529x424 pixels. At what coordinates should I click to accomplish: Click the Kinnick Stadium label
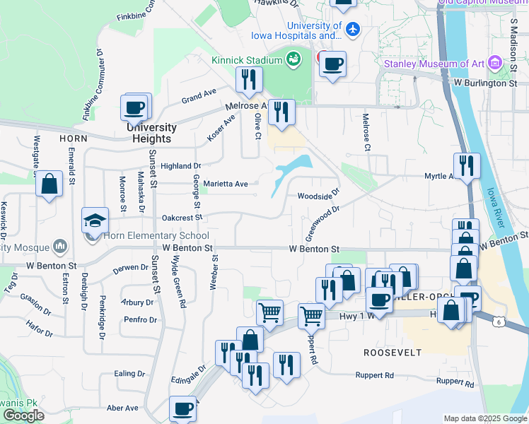click(246, 60)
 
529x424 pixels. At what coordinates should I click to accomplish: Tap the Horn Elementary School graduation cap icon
click(95, 220)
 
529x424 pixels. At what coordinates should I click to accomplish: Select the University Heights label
click(151, 133)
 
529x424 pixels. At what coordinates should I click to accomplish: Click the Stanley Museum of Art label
click(434, 64)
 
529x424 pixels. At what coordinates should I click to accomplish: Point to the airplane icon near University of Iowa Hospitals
click(354, 29)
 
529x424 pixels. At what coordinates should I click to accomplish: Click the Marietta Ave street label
click(226, 184)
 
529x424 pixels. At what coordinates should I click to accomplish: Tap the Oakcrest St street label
click(182, 218)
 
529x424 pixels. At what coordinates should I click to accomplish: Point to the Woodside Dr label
click(318, 195)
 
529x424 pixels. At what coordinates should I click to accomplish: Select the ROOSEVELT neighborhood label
click(393, 352)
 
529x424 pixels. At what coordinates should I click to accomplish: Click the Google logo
click(23, 416)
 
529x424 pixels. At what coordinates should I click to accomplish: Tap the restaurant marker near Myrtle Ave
click(467, 166)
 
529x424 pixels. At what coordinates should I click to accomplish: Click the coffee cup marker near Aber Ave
click(182, 408)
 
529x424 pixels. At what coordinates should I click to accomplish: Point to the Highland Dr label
click(180, 166)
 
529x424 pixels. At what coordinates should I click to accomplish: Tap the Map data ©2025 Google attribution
click(485, 418)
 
